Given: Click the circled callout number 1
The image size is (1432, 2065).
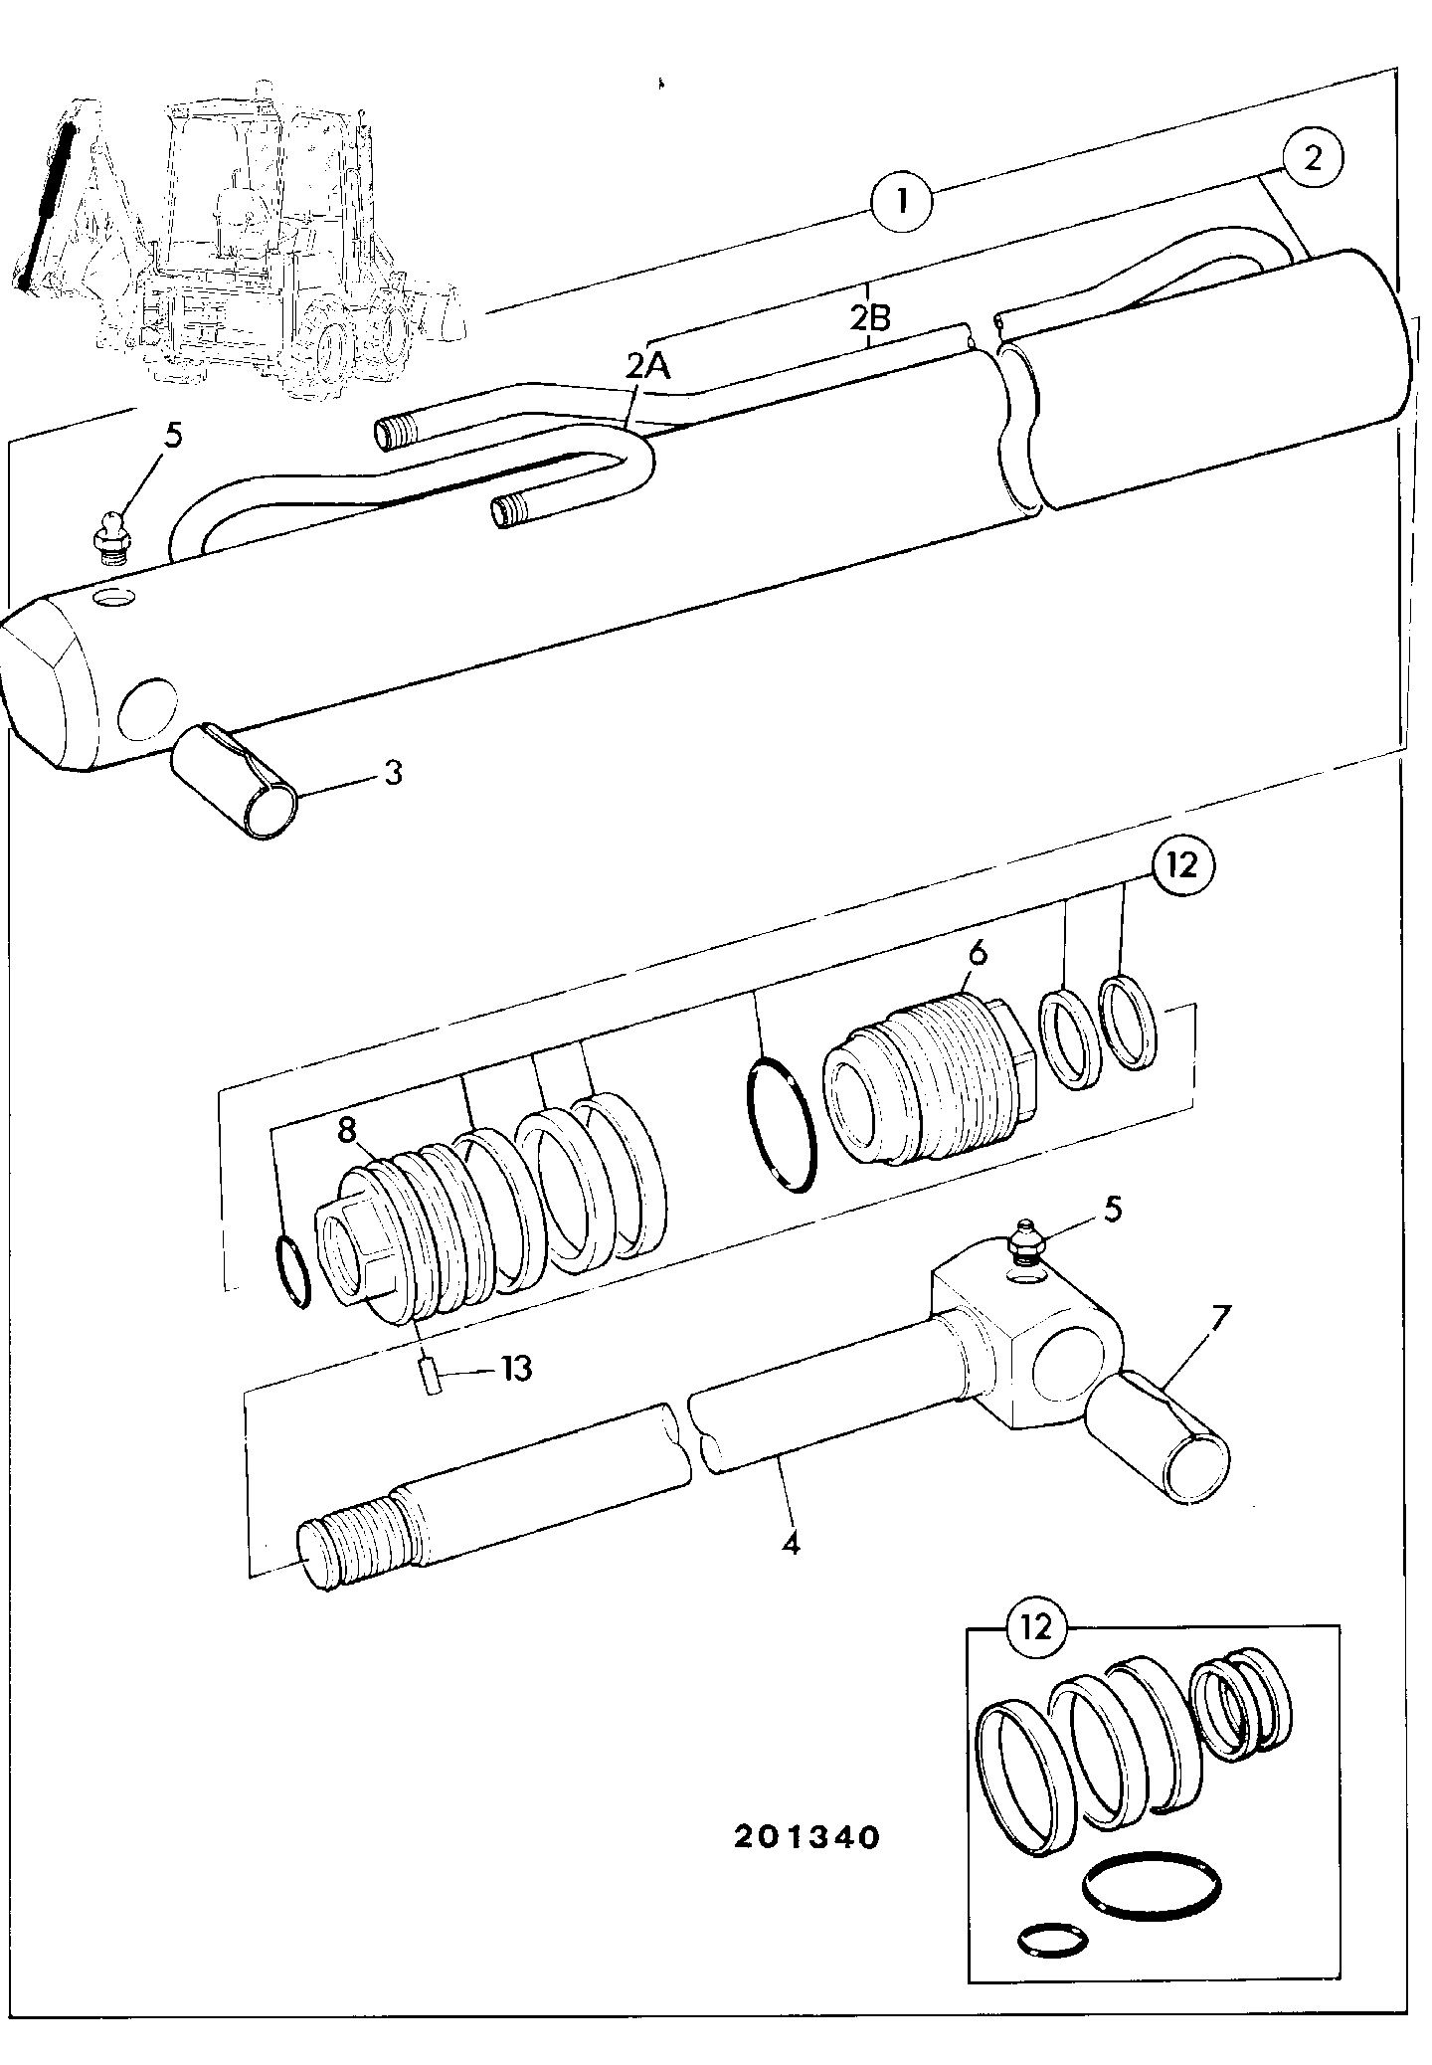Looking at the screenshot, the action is click(901, 202).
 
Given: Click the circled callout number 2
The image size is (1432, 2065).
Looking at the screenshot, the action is click(1313, 157).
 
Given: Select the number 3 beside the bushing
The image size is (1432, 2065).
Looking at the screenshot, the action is click(393, 772).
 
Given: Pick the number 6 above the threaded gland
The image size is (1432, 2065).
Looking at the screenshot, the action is click(978, 954).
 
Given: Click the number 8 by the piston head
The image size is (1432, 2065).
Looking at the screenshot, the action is click(346, 1129).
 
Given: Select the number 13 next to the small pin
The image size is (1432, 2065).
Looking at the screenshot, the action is click(516, 1369).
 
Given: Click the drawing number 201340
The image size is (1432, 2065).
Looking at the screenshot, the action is click(806, 1837).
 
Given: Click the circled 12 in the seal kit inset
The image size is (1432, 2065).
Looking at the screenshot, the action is click(1035, 1626).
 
